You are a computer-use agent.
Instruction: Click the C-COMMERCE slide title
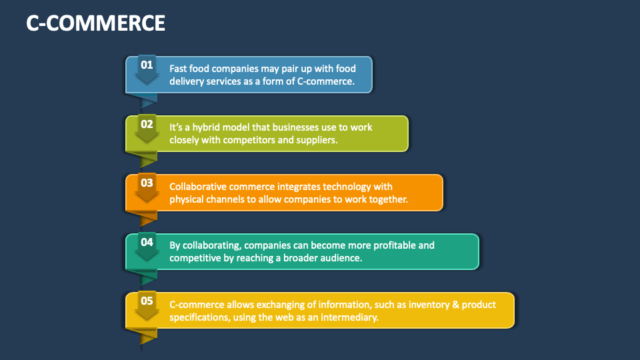coord(95,23)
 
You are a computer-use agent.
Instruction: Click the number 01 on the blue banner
coord(147,65)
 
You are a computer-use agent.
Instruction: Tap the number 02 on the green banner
coord(147,124)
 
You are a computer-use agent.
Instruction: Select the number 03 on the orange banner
coord(147,183)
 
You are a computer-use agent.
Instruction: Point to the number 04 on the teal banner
coord(147,242)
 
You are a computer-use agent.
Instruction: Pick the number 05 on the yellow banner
coord(147,301)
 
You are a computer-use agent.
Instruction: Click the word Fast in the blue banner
coord(178,69)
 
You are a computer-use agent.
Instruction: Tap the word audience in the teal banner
coord(343,258)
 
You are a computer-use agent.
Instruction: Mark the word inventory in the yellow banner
coord(428,305)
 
